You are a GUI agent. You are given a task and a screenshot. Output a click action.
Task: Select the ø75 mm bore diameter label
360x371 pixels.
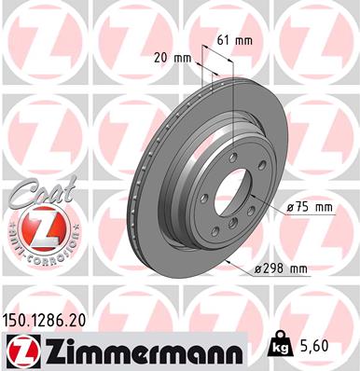[x=310, y=208]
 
